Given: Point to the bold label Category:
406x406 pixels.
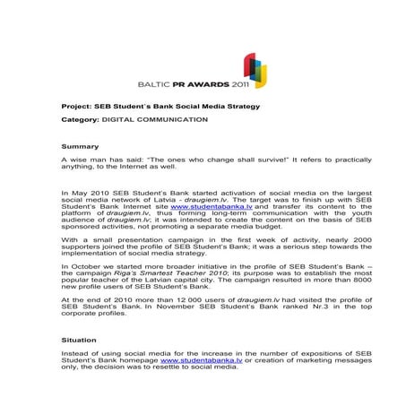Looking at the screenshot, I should tap(80, 119).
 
